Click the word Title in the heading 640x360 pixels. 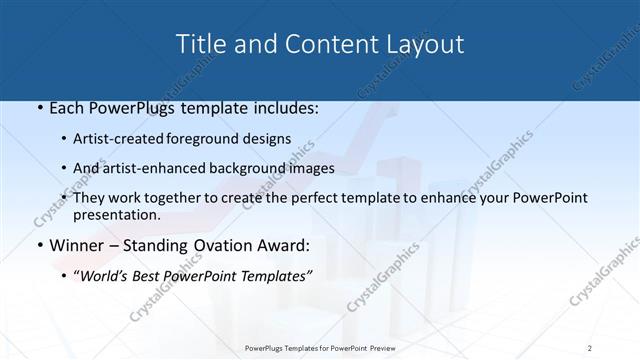click(x=200, y=44)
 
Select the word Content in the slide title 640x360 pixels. click(x=317, y=44)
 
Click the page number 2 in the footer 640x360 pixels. click(x=590, y=347)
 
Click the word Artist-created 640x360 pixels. click(x=120, y=139)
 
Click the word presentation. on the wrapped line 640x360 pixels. click(x=117, y=215)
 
